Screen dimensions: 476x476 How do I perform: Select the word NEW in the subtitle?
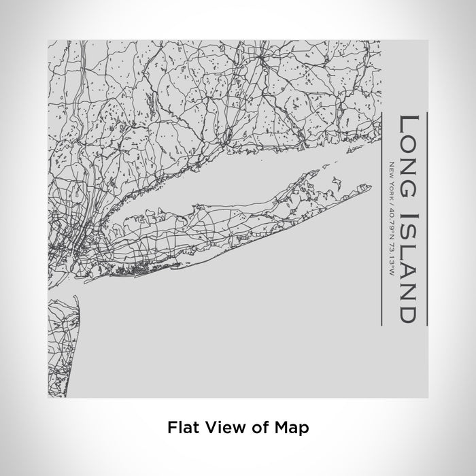[392, 167]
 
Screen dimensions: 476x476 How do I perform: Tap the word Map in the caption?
[294, 428]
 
